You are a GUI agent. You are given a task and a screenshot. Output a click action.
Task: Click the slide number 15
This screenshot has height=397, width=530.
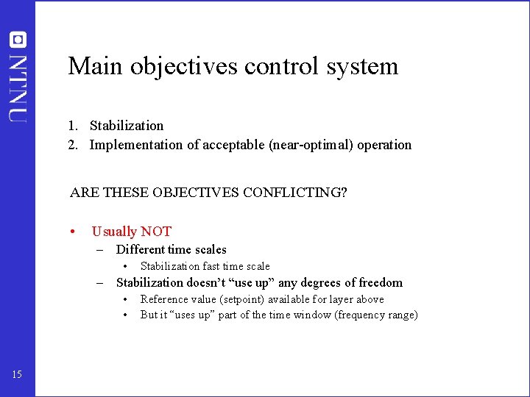pyautogui.click(x=17, y=375)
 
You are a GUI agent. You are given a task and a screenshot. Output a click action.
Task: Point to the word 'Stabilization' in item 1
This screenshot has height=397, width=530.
pyautogui.click(x=127, y=126)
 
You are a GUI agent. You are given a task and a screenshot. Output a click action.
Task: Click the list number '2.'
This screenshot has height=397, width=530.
pyautogui.click(x=74, y=145)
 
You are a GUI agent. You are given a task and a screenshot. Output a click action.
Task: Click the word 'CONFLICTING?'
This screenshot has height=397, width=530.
pyautogui.click(x=294, y=193)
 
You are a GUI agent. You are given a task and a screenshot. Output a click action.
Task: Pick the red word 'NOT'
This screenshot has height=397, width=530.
pyautogui.click(x=156, y=232)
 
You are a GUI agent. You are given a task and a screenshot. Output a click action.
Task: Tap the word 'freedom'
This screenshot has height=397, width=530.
pyautogui.click(x=381, y=282)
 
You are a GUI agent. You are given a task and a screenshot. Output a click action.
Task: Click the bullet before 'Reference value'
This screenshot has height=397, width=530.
pyautogui.click(x=127, y=299)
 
